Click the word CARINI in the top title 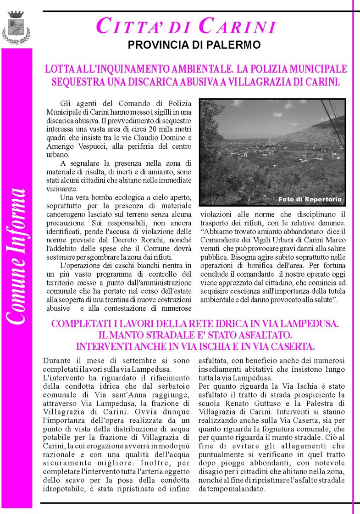238,26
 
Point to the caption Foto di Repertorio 310,200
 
